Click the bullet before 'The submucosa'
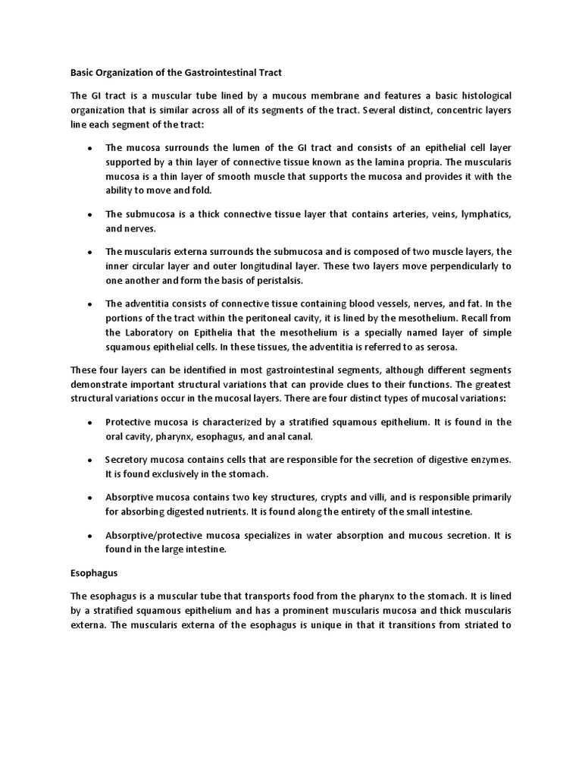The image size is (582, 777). (90, 215)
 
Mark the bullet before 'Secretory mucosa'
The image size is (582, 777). (90, 461)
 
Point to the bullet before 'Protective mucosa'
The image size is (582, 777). (90, 423)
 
